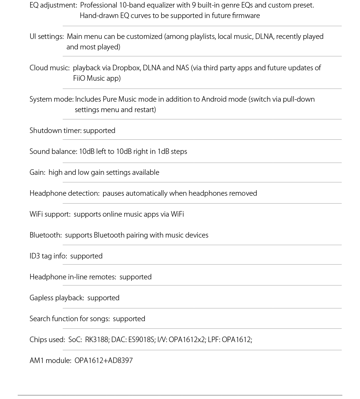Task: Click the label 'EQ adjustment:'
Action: [x=53, y=5]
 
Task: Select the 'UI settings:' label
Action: [x=46, y=37]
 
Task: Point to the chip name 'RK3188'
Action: [x=96, y=340]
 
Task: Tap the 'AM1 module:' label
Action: [x=50, y=361]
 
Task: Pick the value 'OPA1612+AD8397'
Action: [x=104, y=361]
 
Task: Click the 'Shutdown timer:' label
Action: [x=55, y=131]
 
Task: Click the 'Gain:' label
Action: [x=37, y=172]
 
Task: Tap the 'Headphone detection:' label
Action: [x=64, y=193]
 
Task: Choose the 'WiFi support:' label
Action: [x=50, y=214]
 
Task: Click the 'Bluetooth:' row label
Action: [x=46, y=235]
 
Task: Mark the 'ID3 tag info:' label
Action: [x=48, y=256]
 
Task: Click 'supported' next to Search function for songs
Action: [x=129, y=319]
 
